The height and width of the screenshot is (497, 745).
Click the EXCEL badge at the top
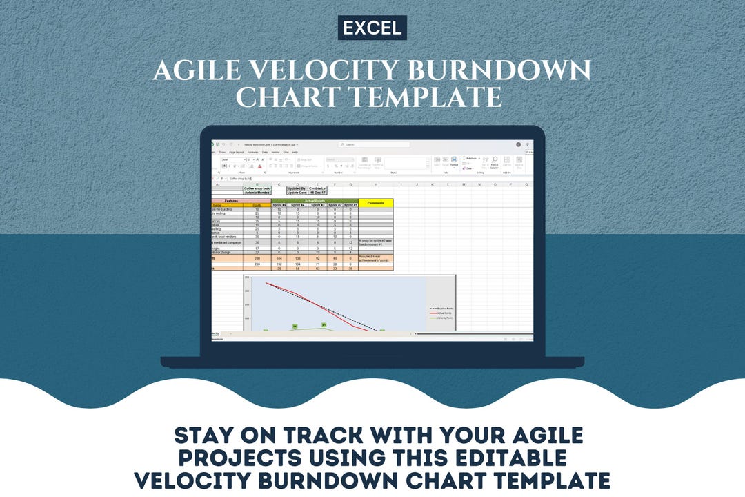point(372,28)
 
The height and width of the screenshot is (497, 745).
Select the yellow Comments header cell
point(375,203)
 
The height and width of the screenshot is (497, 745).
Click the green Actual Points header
point(315,201)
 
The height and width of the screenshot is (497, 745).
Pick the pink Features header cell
point(231,201)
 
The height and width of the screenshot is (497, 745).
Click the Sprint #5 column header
point(279,205)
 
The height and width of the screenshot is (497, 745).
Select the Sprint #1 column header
point(350,205)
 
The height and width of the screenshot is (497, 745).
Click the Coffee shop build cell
point(257,188)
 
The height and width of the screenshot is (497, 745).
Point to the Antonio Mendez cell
point(257,193)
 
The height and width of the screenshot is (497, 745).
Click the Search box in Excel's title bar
point(372,144)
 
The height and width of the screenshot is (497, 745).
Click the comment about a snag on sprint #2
point(375,242)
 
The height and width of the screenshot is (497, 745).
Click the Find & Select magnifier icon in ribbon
point(495,161)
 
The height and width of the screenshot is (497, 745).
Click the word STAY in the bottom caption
point(206,436)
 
